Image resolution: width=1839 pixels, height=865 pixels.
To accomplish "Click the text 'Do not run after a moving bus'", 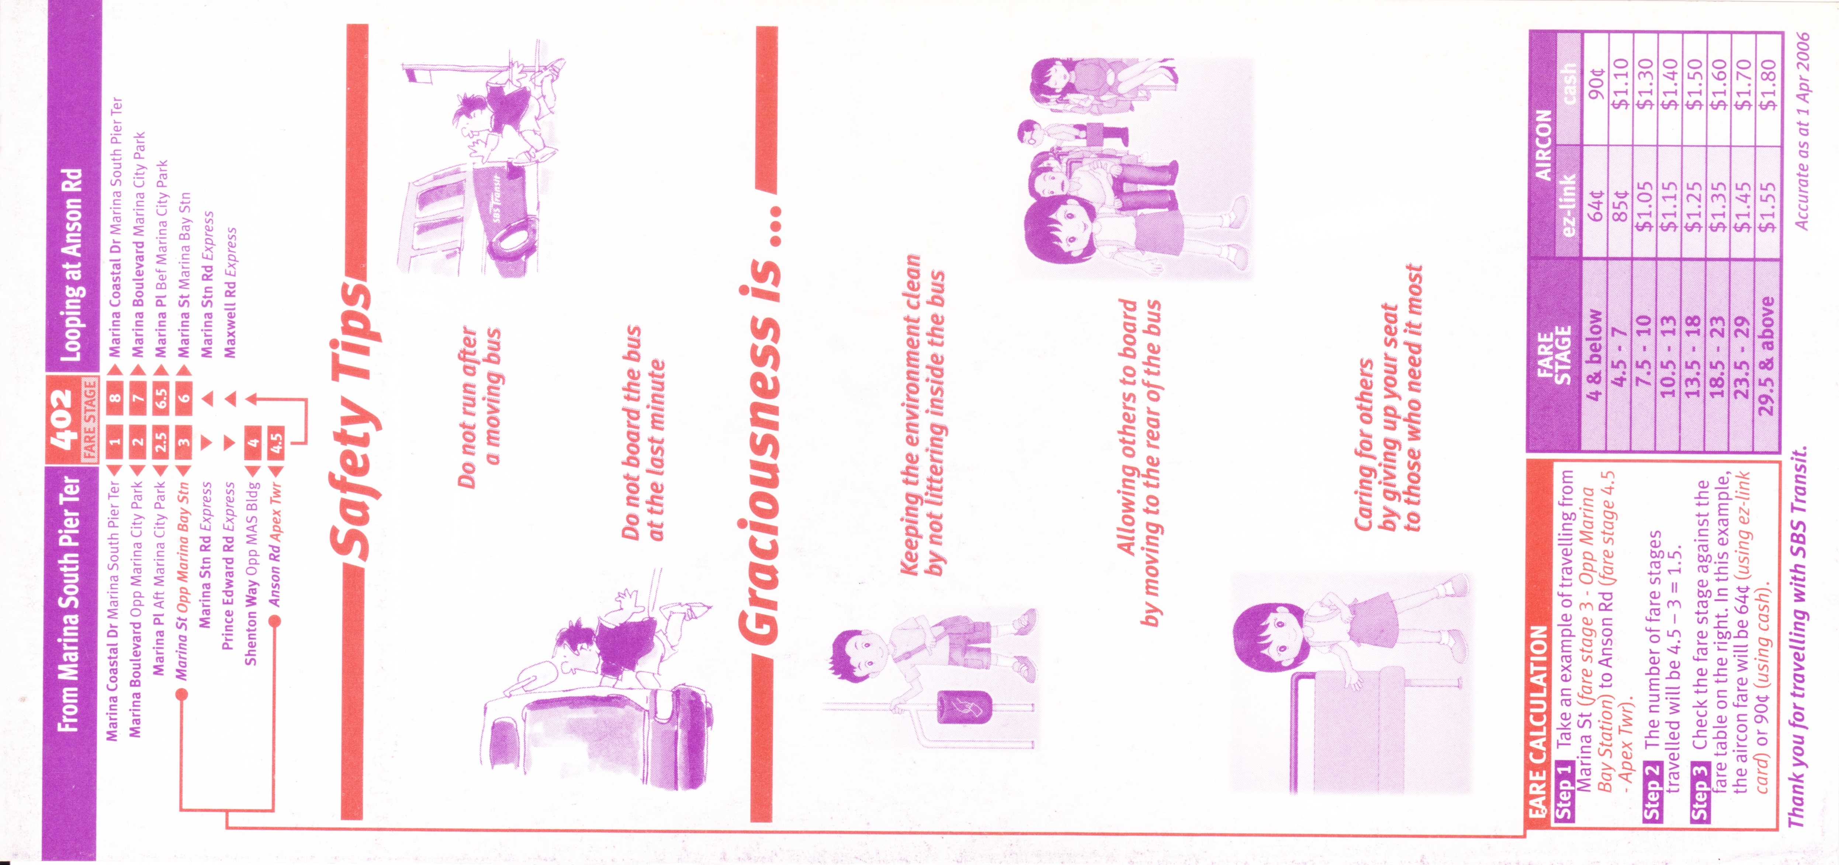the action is pos(480,407).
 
